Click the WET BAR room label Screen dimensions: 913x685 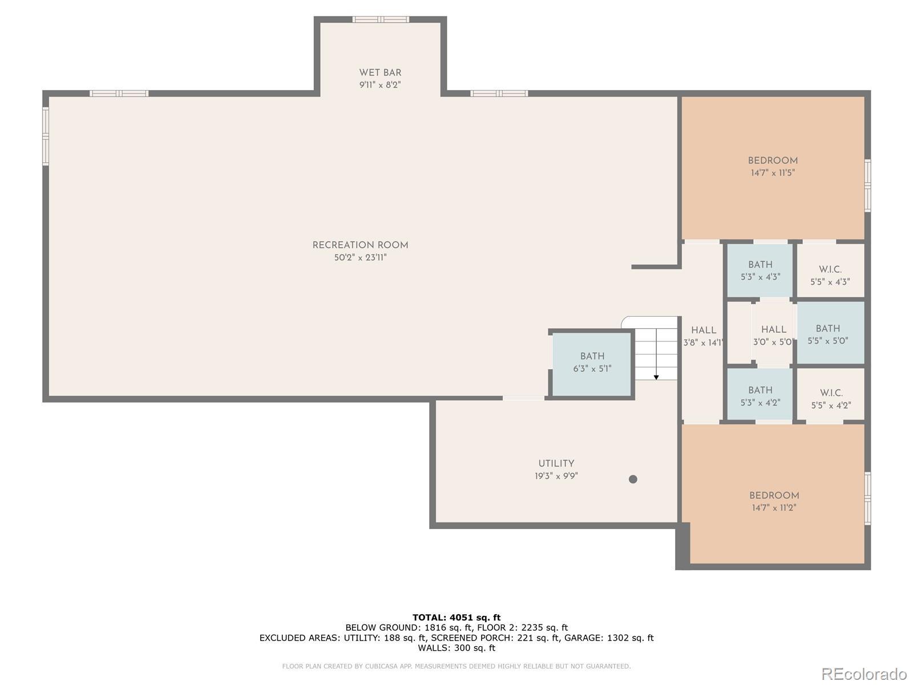coord(380,73)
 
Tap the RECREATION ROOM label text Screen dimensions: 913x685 coord(360,245)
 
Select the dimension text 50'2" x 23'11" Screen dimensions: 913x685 coord(360,257)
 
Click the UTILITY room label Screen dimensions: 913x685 coord(556,464)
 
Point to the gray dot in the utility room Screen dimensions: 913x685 coord(633,479)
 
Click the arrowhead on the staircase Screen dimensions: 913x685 coord(656,377)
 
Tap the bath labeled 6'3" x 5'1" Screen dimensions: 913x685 coord(592,362)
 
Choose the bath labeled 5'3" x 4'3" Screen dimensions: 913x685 coord(760,271)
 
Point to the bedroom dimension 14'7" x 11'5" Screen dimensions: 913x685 coord(773,172)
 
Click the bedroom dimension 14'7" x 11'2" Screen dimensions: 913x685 coord(774,507)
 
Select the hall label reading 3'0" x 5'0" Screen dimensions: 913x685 coord(773,342)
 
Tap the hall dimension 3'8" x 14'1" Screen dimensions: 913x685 coord(704,342)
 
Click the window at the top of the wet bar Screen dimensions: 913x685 coord(381,19)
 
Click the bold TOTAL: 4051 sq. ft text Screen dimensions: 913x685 coord(457,617)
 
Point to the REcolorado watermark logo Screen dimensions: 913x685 coord(863,674)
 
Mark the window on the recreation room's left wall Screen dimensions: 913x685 coord(46,136)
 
